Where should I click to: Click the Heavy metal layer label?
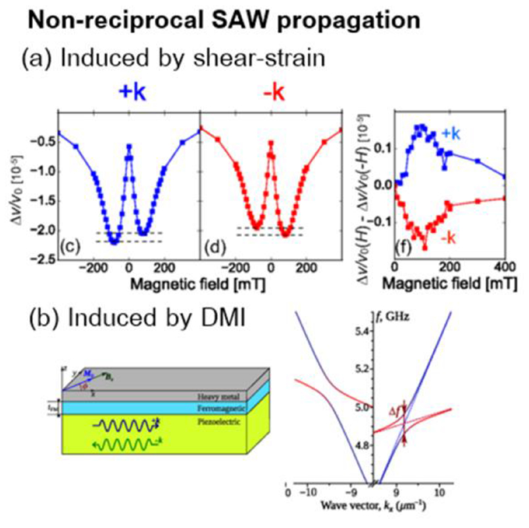(211, 397)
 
